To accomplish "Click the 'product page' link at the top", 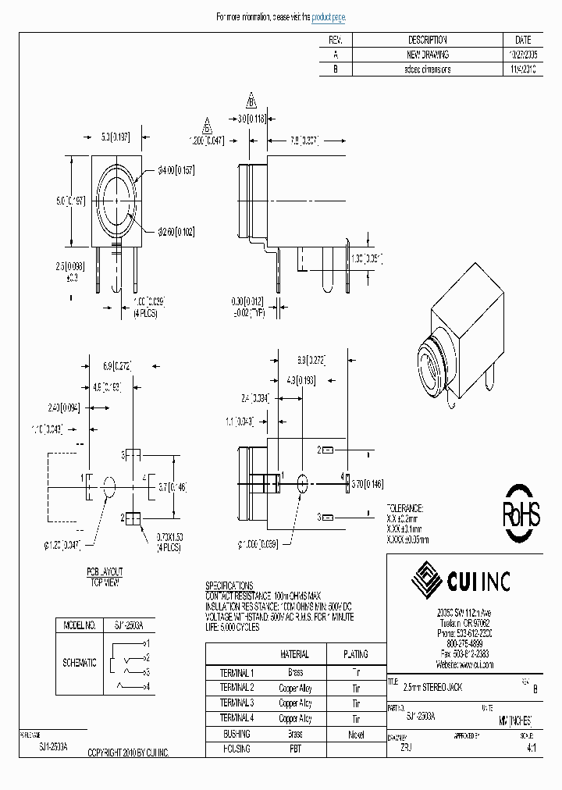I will point(328,17).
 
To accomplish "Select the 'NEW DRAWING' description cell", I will point(428,55).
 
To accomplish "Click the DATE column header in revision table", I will point(523,40).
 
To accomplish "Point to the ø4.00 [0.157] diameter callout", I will point(176,170).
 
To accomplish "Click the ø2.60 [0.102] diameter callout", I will point(176,232).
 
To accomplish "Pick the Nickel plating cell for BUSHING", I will point(356,734).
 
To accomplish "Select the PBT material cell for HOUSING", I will point(295,749).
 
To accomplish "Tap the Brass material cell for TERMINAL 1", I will point(295,672).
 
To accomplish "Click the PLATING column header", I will point(356,654).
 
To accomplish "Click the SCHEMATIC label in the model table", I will point(80,662).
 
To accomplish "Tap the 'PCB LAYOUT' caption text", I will point(105,572).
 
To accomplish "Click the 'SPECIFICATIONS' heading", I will point(229,585).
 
